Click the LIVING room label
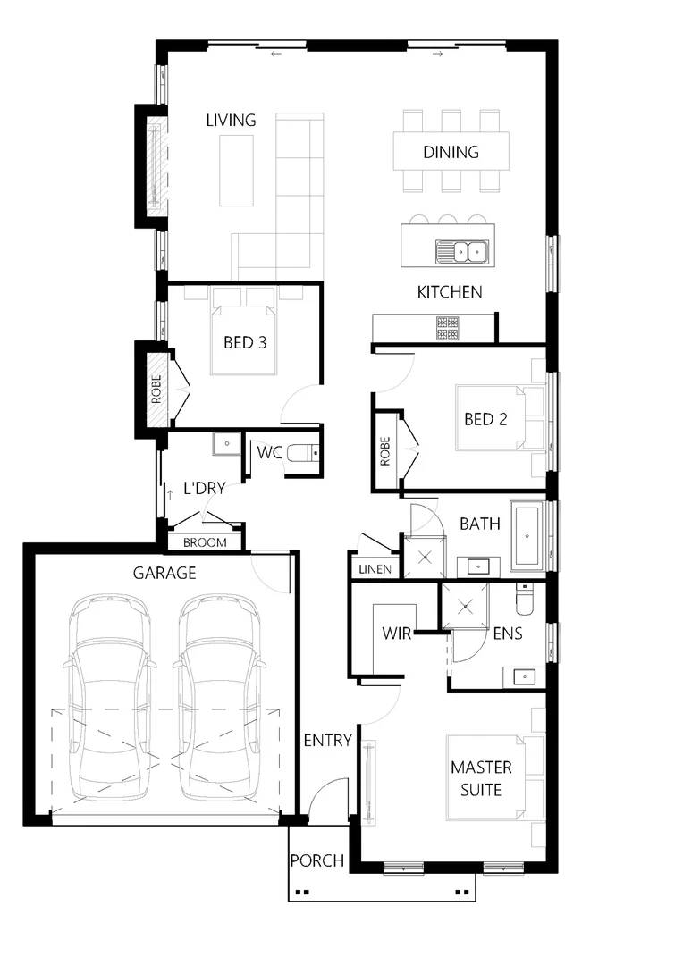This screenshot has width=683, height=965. (231, 120)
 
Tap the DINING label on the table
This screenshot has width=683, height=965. (451, 152)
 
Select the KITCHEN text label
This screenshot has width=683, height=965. (450, 292)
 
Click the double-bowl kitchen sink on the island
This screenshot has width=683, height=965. (461, 253)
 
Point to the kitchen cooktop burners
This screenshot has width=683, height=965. (447, 328)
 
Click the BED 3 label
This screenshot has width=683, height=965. (245, 342)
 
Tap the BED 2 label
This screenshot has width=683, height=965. (485, 418)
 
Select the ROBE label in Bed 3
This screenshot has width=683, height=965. (156, 390)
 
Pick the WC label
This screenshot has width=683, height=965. (269, 452)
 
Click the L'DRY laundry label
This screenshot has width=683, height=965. (204, 488)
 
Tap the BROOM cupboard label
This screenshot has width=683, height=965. (205, 542)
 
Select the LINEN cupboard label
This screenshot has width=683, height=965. (375, 569)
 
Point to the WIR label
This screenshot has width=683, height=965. (396, 634)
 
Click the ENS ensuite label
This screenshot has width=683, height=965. (508, 634)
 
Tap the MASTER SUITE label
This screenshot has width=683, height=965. (481, 778)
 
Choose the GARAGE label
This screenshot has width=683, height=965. (164, 573)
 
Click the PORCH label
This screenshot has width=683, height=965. (317, 860)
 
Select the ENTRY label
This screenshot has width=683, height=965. (327, 740)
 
